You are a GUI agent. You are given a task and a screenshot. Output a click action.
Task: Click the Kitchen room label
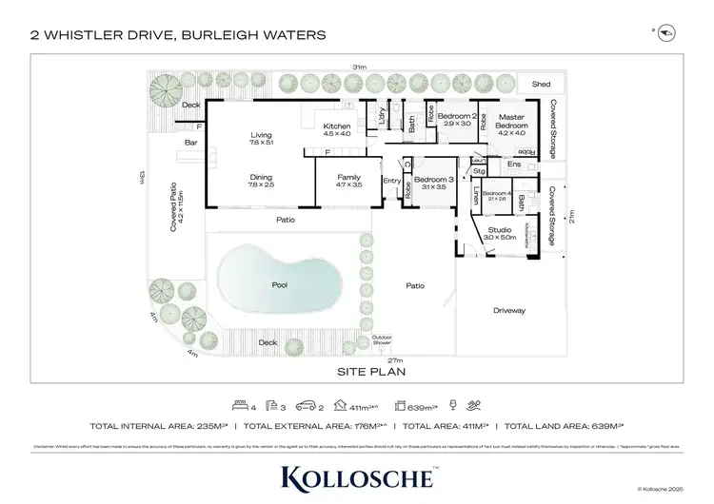337,126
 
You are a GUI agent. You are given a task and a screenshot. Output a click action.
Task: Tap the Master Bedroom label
511,122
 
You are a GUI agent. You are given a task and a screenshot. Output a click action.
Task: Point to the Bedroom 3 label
434,179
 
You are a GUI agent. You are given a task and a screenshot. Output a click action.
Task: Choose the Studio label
500,230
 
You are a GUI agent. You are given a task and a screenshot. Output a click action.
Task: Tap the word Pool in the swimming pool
279,284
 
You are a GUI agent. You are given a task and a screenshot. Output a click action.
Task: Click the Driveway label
509,311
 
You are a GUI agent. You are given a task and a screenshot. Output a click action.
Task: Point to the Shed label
541,85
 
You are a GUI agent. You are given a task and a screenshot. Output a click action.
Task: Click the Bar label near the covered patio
190,144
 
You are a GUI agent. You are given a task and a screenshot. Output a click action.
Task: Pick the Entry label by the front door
391,180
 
